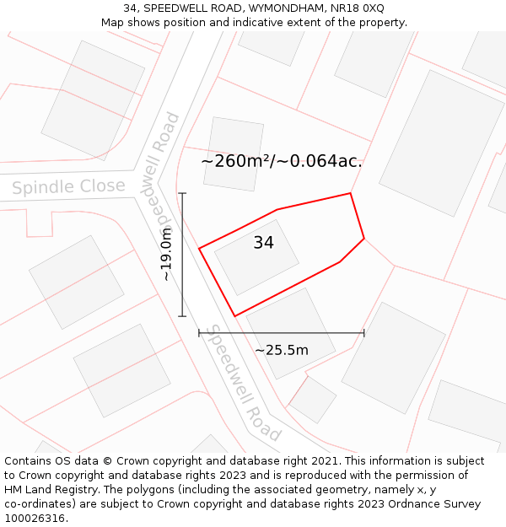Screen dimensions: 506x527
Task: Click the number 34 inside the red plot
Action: [x=263, y=243]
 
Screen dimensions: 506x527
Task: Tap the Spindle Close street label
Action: [x=68, y=187]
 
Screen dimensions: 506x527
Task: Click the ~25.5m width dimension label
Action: [x=282, y=350]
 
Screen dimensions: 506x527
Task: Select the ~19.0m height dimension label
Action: [x=166, y=254]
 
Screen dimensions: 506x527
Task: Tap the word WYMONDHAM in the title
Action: [x=289, y=8]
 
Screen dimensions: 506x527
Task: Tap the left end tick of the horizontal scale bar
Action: [x=199, y=333]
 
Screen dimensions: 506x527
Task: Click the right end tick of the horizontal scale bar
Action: [x=364, y=333]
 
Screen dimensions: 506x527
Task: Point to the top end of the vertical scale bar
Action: [x=182, y=193]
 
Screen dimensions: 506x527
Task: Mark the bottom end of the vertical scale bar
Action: [x=182, y=316]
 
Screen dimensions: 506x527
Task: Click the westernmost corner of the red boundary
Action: [x=199, y=249]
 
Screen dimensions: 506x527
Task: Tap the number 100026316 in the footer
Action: [x=35, y=518]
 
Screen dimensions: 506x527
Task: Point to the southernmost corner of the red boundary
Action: [x=234, y=316]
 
